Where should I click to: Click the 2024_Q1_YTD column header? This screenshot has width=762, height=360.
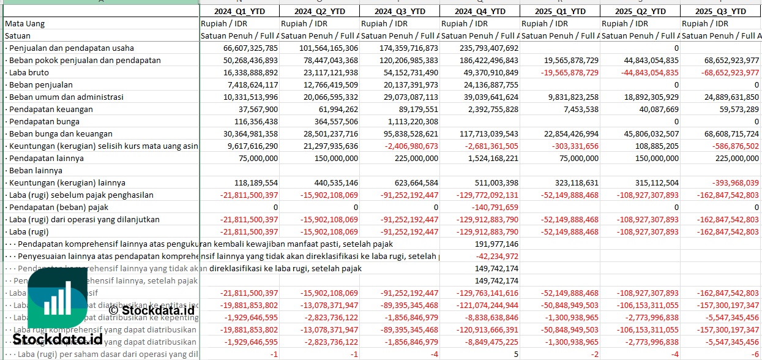point(239,12)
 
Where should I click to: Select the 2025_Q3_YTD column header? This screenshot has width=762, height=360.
point(722,12)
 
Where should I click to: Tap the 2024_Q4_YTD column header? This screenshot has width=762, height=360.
point(480,12)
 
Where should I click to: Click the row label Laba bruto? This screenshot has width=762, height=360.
point(28,72)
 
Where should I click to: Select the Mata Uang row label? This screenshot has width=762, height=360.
point(24,24)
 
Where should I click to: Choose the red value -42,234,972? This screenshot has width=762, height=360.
point(496,256)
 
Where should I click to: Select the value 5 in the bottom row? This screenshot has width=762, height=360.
point(515,354)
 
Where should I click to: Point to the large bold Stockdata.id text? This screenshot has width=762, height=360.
point(58,339)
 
